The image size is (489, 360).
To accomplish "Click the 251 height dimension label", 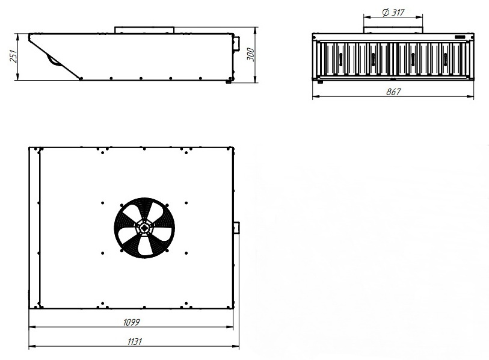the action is pos(14,56).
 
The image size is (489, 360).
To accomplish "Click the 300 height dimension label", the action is pos(250,55).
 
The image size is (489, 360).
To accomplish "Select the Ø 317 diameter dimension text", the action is pos(393,12).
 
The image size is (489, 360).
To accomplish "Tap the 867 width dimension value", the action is pos(393,92).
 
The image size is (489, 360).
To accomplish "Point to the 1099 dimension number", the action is pos(131,322).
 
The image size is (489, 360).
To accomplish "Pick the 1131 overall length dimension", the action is pos(134,341).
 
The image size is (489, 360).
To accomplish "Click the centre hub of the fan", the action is pos(144,228).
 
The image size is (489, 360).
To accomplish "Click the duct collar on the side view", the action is pos(144,30).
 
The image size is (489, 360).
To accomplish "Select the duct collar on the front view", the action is pos(393,30).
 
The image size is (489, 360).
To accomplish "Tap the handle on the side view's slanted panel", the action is pos(54,60).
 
